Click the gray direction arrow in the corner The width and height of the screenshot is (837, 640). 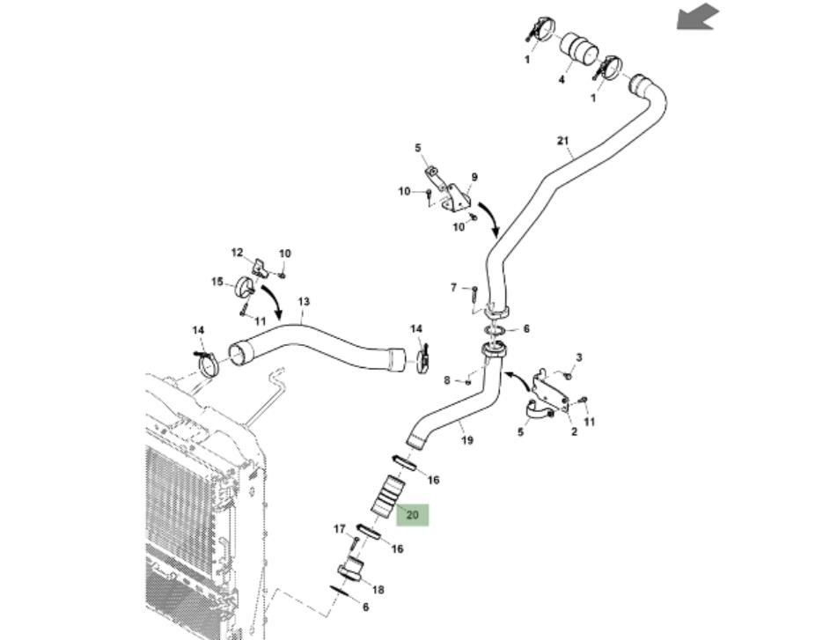click(x=697, y=17)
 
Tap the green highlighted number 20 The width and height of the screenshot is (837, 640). click(x=412, y=515)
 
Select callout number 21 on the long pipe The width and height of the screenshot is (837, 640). click(x=563, y=140)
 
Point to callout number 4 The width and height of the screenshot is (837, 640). click(x=561, y=79)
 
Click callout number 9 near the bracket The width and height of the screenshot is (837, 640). click(x=474, y=177)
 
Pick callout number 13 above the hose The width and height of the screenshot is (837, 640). click(x=304, y=302)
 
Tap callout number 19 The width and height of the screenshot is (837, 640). click(x=466, y=440)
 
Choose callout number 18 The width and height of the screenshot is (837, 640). click(x=378, y=590)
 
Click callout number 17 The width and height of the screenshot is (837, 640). click(x=339, y=529)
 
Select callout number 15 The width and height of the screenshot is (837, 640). click(x=217, y=282)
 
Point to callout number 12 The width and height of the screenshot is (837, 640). click(x=237, y=253)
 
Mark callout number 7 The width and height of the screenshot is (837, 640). click(x=454, y=288)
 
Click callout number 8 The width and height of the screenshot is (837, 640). click(x=447, y=380)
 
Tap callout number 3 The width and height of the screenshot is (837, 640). click(x=578, y=357)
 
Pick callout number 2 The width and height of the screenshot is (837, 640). click(x=573, y=431)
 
